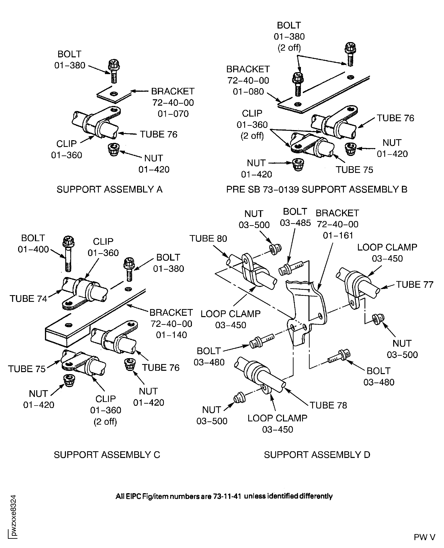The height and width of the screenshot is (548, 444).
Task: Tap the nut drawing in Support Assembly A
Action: pyautogui.click(x=114, y=150)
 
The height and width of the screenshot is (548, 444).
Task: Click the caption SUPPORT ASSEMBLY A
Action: pyautogui.click(x=110, y=189)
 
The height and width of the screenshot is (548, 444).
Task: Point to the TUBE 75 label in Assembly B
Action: pyautogui.click(x=354, y=170)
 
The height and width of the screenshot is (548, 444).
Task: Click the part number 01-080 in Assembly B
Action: pyautogui.click(x=248, y=92)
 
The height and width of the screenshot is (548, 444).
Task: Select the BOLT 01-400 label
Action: pyautogui.click(x=33, y=243)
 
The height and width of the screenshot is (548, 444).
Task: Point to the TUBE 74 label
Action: pyautogui.click(x=28, y=299)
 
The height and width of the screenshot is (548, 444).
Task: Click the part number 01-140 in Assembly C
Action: pyautogui.click(x=171, y=335)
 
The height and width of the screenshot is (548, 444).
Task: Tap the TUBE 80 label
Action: pyautogui.click(x=208, y=239)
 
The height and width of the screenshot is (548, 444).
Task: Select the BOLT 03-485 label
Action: pyautogui.click(x=295, y=217)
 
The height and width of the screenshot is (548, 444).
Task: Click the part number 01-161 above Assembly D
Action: pyautogui.click(x=338, y=235)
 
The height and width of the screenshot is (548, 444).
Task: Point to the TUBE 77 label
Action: pyautogui.click(x=415, y=285)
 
